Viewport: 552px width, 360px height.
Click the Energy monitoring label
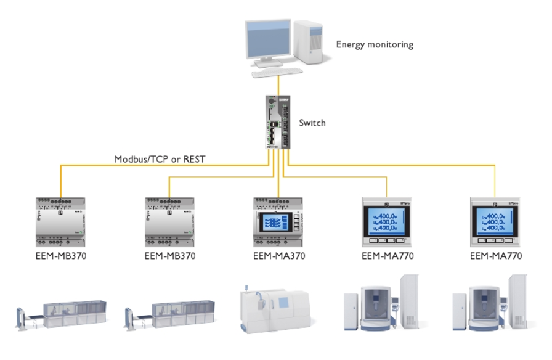374,44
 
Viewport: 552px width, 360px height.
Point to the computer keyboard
277,72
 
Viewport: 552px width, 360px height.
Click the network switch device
278,122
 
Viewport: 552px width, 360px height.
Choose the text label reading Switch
312,123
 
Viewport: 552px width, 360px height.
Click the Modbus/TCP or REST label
160,159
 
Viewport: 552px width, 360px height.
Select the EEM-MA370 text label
278,256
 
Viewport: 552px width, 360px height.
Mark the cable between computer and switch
278,83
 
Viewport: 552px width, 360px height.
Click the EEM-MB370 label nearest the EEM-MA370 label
170,256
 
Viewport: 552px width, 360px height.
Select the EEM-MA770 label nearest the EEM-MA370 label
387,256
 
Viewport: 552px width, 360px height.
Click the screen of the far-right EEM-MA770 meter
494,219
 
